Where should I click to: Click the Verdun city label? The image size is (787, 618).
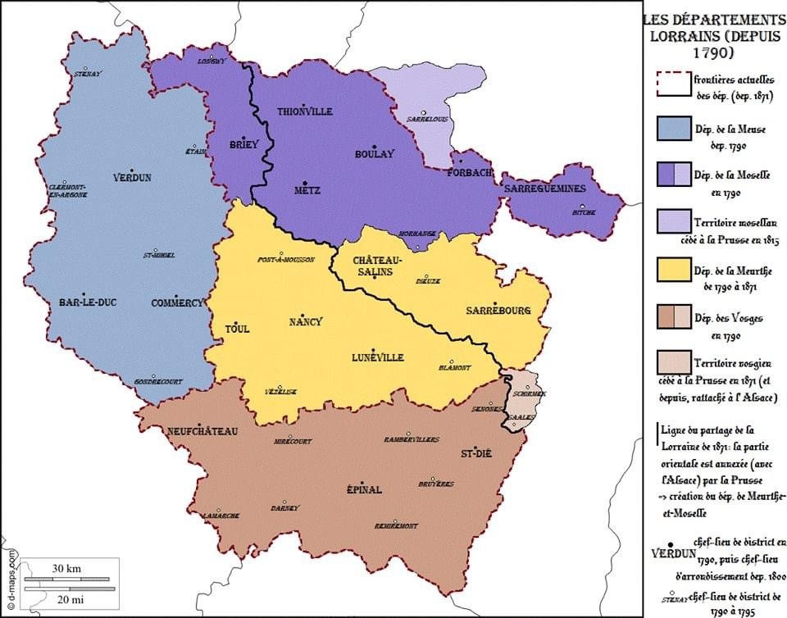132,177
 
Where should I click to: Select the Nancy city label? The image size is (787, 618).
306,321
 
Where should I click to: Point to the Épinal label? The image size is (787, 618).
364,489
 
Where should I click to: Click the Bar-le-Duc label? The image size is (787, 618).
88,302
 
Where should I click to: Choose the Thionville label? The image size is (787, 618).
305,111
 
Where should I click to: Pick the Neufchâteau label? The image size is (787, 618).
201,431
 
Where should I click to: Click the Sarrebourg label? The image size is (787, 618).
498,311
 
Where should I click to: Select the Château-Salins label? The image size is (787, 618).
374,266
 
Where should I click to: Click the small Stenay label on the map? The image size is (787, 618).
86,73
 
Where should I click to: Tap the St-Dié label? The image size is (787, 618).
475,453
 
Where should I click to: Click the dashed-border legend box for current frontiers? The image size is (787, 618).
673,84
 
